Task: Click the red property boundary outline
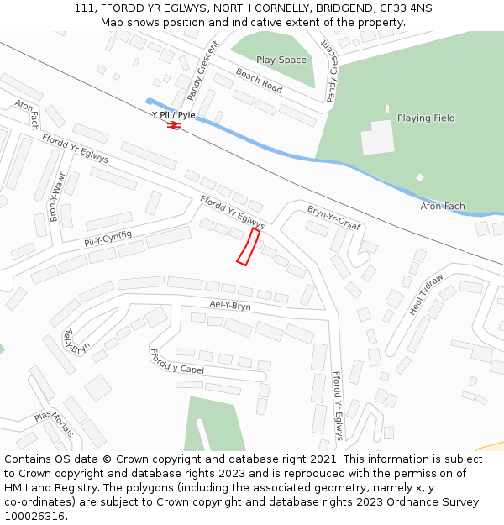pos(247,247)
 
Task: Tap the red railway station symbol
pos(174,125)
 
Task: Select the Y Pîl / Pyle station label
pos(173,114)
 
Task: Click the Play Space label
pos(281,60)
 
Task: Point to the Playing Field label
pos(426,118)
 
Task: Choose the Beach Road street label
pos(259,80)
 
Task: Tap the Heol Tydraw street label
pos(426,295)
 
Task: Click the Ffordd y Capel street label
pos(176,363)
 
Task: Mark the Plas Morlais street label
pos(55,423)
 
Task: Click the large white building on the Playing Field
pos(378,138)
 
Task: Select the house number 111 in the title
pos(84,8)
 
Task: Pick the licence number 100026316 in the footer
pos(34,517)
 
